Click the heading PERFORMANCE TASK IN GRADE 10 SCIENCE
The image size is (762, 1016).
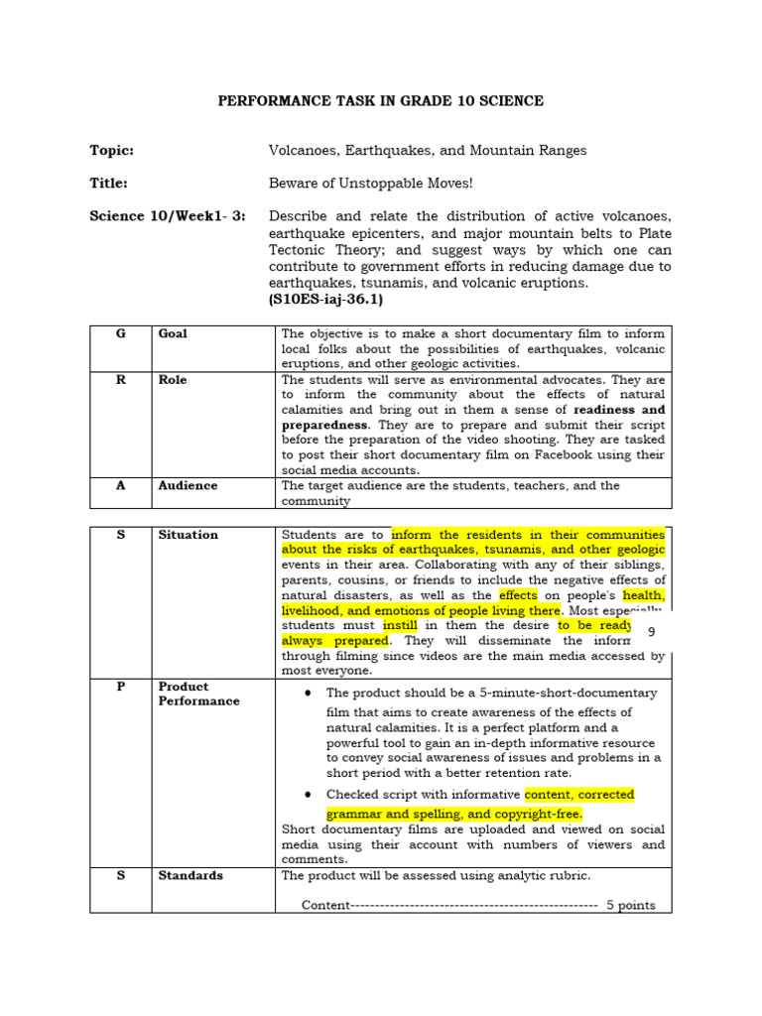(x=381, y=101)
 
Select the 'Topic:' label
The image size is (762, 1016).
(x=111, y=151)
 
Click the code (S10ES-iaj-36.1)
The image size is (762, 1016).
(x=325, y=299)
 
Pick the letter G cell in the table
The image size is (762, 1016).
(x=120, y=334)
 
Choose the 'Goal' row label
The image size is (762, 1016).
(x=173, y=334)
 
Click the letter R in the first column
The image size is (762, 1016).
(x=120, y=380)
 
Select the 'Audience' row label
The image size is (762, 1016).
(x=188, y=486)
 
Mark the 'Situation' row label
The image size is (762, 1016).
(x=188, y=535)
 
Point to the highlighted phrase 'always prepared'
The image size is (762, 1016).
(x=333, y=641)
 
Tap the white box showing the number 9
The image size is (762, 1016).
(x=651, y=633)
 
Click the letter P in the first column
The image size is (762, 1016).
(x=120, y=687)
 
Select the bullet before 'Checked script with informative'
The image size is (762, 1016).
(x=311, y=795)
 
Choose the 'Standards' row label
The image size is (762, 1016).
(x=190, y=876)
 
